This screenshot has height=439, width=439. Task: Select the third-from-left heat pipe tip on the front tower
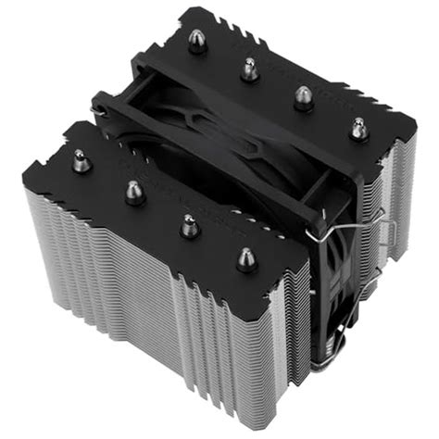click(190, 225)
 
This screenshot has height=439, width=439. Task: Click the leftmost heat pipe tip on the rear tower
click(197, 42)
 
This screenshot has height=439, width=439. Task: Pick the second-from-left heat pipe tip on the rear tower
click(249, 68)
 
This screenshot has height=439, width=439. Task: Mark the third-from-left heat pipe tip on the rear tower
click(303, 97)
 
